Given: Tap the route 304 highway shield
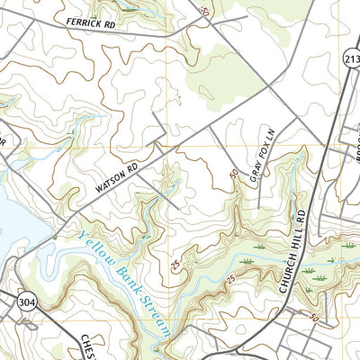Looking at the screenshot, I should [x=21, y=301].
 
